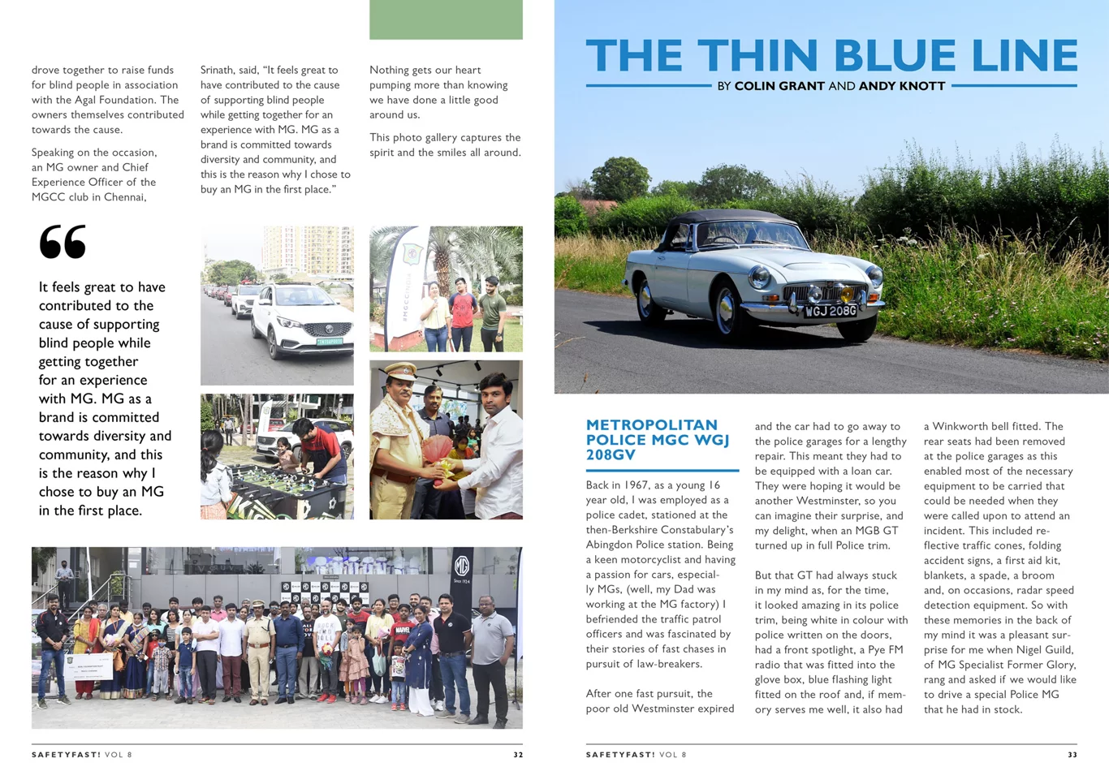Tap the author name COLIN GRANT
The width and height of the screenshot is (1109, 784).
click(x=779, y=86)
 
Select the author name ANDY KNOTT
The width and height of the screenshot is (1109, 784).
click(x=901, y=86)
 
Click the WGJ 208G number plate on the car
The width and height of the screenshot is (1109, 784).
click(x=830, y=311)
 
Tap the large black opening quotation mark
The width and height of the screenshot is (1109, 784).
click(x=63, y=242)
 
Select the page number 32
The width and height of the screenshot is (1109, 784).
click(x=518, y=755)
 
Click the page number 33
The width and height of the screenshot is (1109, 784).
click(x=1072, y=755)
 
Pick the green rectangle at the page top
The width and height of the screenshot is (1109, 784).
click(x=446, y=19)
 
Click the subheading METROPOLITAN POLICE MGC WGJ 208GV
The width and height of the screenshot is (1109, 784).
click(x=658, y=440)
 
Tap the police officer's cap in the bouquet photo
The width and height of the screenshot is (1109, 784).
click(x=402, y=370)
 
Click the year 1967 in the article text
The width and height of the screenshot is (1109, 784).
click(x=636, y=485)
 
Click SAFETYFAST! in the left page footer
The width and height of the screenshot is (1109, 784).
click(x=66, y=755)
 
